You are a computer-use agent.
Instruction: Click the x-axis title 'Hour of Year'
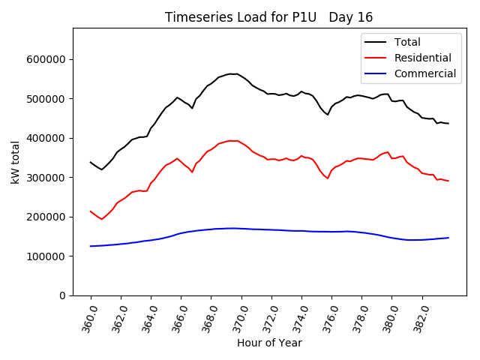coord(269,343)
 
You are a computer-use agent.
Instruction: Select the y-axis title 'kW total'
coord(15,161)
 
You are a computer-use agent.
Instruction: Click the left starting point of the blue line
coord(91,246)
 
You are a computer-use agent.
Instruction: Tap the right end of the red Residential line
coord(448,181)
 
